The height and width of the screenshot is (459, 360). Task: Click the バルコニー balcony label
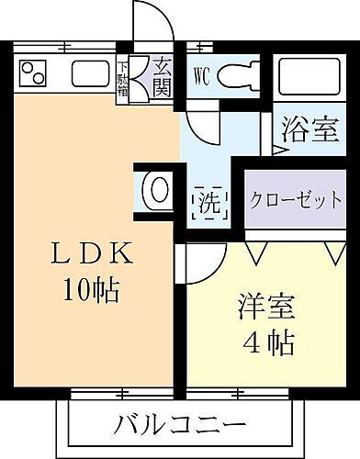coord(180,425)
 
